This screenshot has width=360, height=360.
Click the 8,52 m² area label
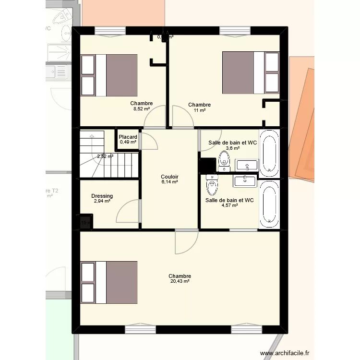pos(142,109)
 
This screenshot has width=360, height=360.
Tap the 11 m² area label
pos(199,111)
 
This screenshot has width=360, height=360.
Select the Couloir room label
pos(169,176)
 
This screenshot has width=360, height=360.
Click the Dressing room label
pos(102,196)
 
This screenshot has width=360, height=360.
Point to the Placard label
pos(128,137)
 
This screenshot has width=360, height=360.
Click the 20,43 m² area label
pos(180,282)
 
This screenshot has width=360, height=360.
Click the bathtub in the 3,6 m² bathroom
pos(268,152)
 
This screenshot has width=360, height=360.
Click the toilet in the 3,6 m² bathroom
pos(224,162)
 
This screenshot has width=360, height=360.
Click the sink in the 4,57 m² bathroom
pos(246,181)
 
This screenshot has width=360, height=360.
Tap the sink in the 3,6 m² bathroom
pos(246,166)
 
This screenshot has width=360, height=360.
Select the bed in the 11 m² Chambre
pos(250,72)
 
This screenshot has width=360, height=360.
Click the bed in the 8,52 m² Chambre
pos(109,75)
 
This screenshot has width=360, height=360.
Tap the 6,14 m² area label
pos(169,182)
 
